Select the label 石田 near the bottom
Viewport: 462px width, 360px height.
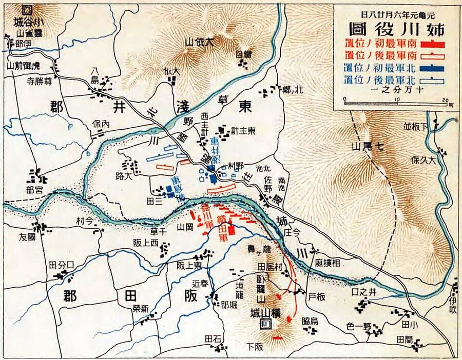(x=213, y=339)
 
